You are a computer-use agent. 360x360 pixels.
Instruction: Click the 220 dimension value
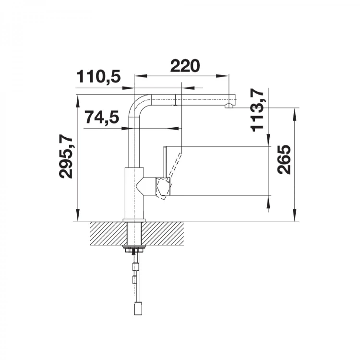pyautogui.click(x=185, y=66)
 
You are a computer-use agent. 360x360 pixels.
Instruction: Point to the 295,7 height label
pyautogui.click(x=66, y=157)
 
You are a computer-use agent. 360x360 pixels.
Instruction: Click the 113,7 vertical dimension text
pyautogui.click(x=257, y=110)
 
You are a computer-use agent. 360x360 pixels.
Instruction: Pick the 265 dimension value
pyautogui.click(x=284, y=159)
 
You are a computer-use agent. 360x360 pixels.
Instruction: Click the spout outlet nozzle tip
pyautogui.click(x=229, y=106)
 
